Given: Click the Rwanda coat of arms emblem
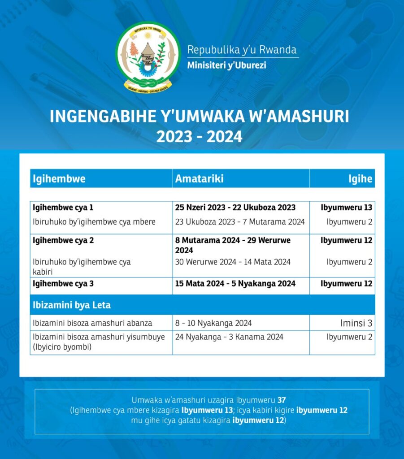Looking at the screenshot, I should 148,57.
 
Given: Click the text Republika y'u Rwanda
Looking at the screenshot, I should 242,49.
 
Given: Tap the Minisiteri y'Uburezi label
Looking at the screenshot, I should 226,65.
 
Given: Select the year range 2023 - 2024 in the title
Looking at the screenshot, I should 199,136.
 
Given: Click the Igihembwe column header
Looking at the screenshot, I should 59,179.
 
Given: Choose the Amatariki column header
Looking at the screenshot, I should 199,179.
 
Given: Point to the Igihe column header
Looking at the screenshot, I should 361,179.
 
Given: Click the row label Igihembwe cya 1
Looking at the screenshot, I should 63,208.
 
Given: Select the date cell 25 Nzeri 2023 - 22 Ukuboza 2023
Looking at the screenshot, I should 235,208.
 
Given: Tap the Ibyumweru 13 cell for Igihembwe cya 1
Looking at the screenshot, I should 346,208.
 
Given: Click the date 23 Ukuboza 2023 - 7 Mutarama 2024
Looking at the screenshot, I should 239,221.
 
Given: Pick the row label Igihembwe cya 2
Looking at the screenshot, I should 63,240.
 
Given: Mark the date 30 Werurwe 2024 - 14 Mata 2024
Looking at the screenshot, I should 233,262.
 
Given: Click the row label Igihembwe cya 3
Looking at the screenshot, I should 63,283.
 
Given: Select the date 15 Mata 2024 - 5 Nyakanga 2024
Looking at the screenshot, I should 235,283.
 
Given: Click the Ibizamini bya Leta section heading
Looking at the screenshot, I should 71,305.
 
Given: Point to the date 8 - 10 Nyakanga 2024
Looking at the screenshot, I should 213,323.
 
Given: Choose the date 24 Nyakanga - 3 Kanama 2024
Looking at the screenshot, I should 229,337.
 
